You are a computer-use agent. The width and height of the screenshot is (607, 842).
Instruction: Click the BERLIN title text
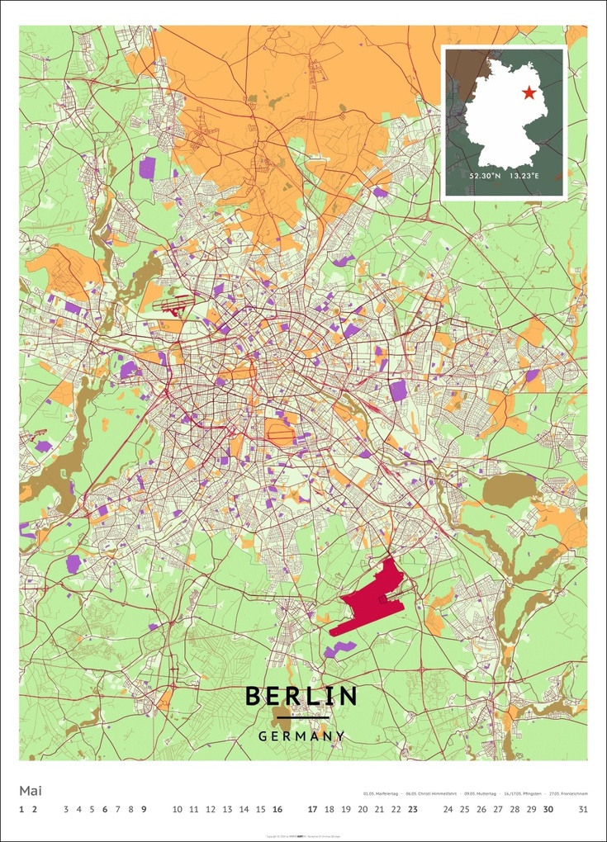301,696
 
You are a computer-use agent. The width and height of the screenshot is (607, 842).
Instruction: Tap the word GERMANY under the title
301,736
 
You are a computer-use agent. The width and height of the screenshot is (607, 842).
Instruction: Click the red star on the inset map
529,93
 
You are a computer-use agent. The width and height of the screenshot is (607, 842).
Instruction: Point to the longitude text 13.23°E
524,176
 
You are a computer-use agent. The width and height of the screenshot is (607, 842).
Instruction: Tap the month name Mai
31,790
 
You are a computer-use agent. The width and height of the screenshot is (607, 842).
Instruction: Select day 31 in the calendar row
583,809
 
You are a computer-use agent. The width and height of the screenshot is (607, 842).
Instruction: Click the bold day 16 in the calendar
277,809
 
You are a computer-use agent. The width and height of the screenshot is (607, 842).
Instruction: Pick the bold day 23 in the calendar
413,809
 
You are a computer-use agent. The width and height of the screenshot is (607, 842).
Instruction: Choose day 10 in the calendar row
178,809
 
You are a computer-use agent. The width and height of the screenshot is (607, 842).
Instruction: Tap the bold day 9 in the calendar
144,809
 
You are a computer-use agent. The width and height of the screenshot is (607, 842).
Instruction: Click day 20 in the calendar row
363,809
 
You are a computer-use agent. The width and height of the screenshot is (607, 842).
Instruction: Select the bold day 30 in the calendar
548,809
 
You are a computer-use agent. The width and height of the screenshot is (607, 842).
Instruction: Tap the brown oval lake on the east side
509,490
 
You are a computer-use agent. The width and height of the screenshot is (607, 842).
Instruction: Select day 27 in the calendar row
498,809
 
